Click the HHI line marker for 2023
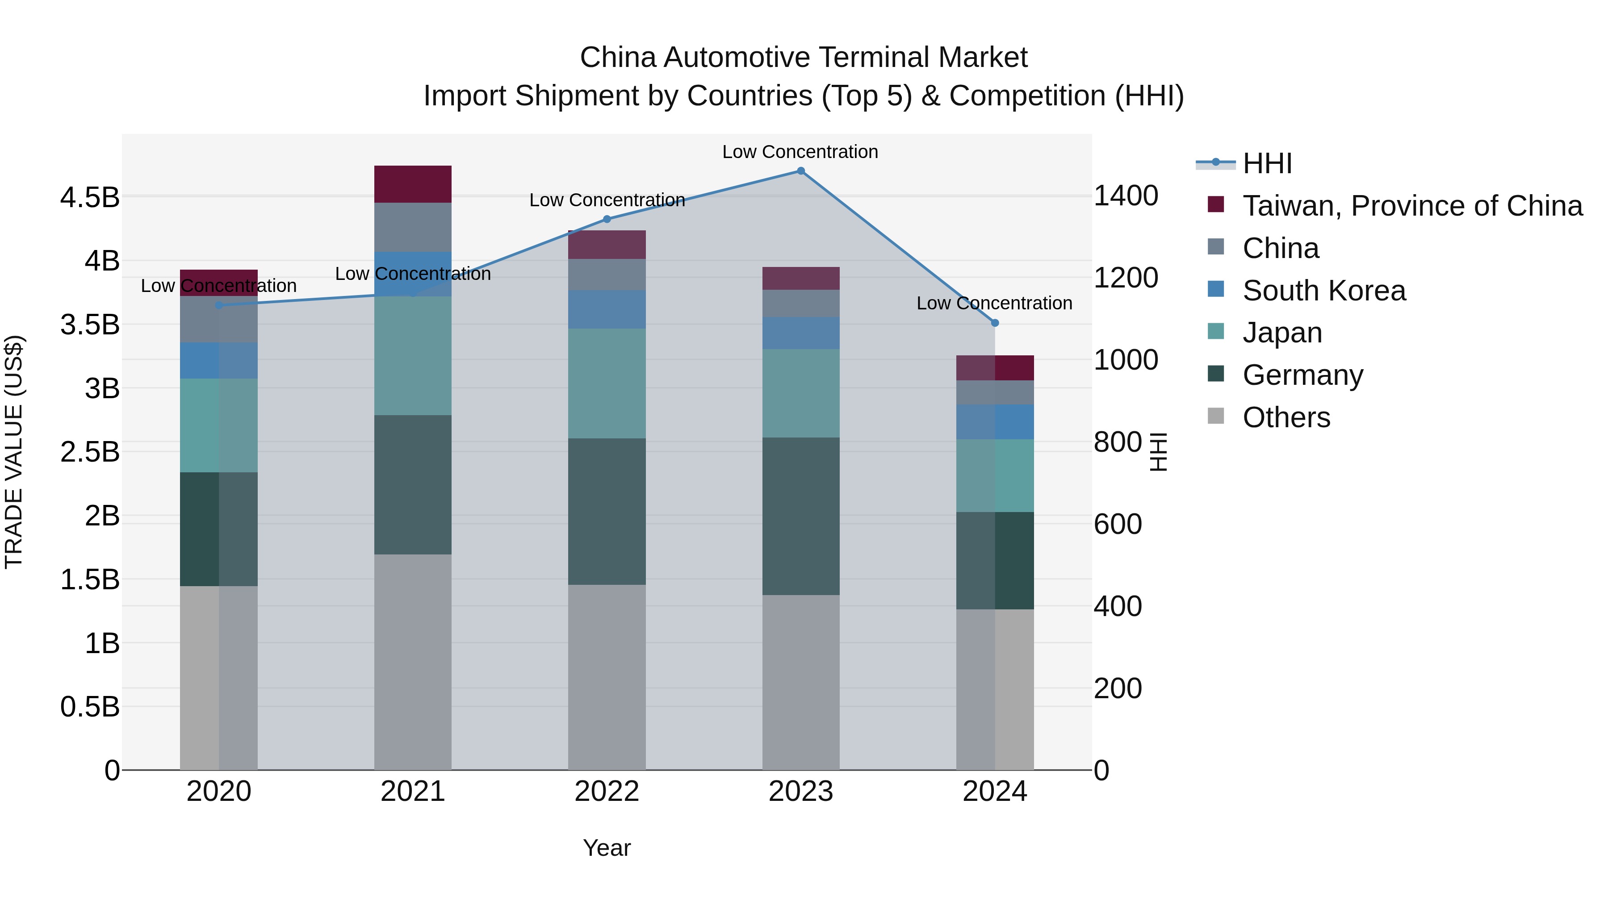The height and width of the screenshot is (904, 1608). (x=801, y=171)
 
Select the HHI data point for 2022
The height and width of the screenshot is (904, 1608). (x=607, y=219)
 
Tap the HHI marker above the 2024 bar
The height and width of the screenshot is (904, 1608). (x=995, y=323)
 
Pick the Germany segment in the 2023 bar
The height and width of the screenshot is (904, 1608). (x=801, y=516)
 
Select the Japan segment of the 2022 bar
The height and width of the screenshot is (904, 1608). (x=607, y=383)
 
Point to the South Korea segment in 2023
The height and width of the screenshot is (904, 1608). (x=801, y=333)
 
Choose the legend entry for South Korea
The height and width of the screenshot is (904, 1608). (x=1323, y=291)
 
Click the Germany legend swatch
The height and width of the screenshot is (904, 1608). (x=1216, y=375)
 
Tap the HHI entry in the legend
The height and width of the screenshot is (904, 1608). (x=1267, y=163)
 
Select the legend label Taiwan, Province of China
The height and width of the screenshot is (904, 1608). (x=1412, y=206)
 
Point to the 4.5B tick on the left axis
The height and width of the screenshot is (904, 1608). (x=90, y=198)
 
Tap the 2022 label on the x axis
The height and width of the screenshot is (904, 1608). (x=607, y=792)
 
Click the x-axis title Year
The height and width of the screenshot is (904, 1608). (x=607, y=848)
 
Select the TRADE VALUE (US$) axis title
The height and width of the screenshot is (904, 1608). (x=14, y=452)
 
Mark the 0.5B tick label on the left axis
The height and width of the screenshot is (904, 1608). (x=90, y=707)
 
